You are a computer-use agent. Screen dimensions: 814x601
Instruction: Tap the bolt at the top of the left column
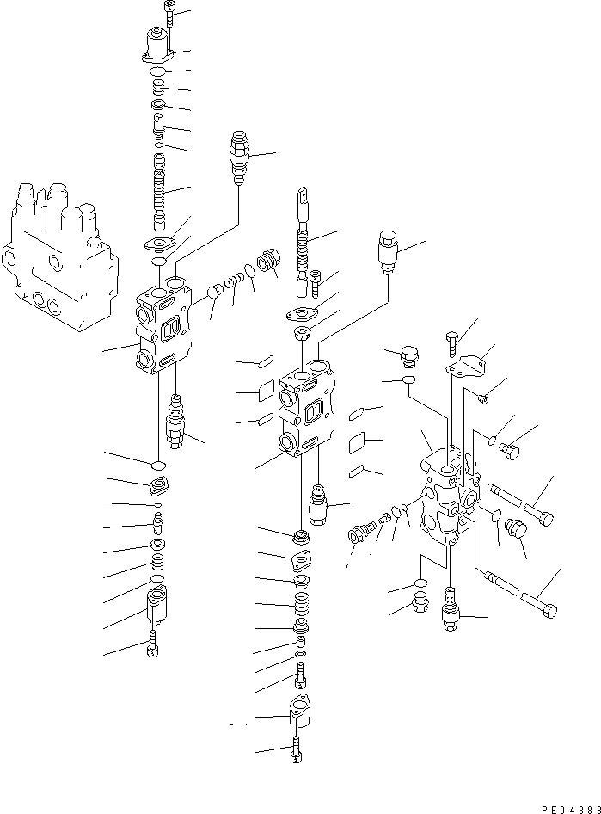point(168,14)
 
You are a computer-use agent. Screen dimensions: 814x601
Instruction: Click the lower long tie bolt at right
point(516,594)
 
